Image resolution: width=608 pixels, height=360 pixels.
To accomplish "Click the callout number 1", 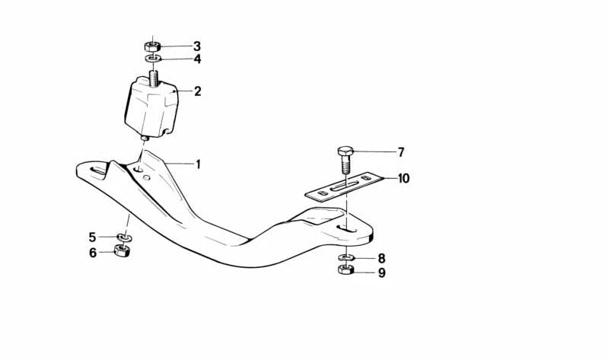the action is point(198,164).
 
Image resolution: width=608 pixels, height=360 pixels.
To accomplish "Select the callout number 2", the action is point(197,91).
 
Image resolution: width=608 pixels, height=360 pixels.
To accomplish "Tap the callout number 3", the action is point(197,46).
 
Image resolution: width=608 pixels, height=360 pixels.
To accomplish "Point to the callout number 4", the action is point(197,59).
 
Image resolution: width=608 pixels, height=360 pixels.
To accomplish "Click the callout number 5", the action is point(92,237).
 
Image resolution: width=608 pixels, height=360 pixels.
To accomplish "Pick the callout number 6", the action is point(93,253).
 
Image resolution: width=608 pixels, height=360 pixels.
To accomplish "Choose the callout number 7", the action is point(401,152).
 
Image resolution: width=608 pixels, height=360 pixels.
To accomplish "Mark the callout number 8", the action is point(381,258).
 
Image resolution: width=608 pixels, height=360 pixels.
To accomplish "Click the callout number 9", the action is point(382,272).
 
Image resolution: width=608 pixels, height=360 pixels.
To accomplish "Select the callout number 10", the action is point(403,178).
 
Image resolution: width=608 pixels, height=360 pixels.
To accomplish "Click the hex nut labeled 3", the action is point(152,47).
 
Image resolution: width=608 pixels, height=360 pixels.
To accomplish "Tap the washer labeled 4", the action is point(153,59).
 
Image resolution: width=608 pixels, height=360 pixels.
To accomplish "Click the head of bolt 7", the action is point(345,151).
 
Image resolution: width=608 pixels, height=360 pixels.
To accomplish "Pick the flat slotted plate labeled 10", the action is point(344,186).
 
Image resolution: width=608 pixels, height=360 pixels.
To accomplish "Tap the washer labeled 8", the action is point(346,256).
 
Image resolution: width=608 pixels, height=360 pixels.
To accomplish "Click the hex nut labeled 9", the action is point(345,269).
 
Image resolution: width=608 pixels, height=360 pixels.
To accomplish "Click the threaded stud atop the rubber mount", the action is point(154,78).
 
